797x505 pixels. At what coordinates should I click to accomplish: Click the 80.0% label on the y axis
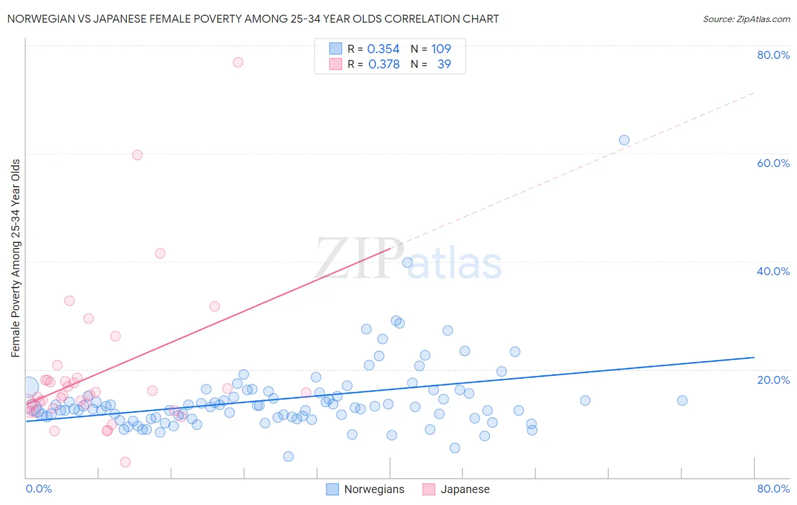[x=773, y=55]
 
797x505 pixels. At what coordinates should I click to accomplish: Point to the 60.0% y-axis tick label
[x=773, y=163]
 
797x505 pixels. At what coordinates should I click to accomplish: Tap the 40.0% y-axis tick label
[x=773, y=271]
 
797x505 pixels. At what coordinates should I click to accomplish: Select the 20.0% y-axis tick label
[x=773, y=379]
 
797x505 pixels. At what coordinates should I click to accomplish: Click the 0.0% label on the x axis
[x=39, y=489]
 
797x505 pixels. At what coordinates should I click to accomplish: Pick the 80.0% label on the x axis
[x=773, y=489]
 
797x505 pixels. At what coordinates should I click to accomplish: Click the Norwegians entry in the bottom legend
[x=374, y=489]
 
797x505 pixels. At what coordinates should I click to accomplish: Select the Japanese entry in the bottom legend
[x=465, y=489]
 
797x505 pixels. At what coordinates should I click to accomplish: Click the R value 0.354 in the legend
[x=383, y=49]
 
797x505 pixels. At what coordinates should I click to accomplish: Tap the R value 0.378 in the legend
[x=384, y=65]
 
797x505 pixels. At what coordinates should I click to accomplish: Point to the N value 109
[x=441, y=49]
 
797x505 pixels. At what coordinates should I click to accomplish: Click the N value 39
[x=444, y=65]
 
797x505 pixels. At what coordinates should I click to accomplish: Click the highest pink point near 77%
[x=238, y=62]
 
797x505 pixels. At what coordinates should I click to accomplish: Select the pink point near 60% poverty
[x=137, y=155]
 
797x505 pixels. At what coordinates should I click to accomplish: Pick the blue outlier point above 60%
[x=624, y=140]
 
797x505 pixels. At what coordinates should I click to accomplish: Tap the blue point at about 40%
[x=407, y=263]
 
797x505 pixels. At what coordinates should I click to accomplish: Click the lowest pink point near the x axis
[x=125, y=462]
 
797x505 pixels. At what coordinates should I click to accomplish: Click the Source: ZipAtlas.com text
[x=746, y=19]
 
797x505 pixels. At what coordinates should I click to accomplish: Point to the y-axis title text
[x=15, y=258]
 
